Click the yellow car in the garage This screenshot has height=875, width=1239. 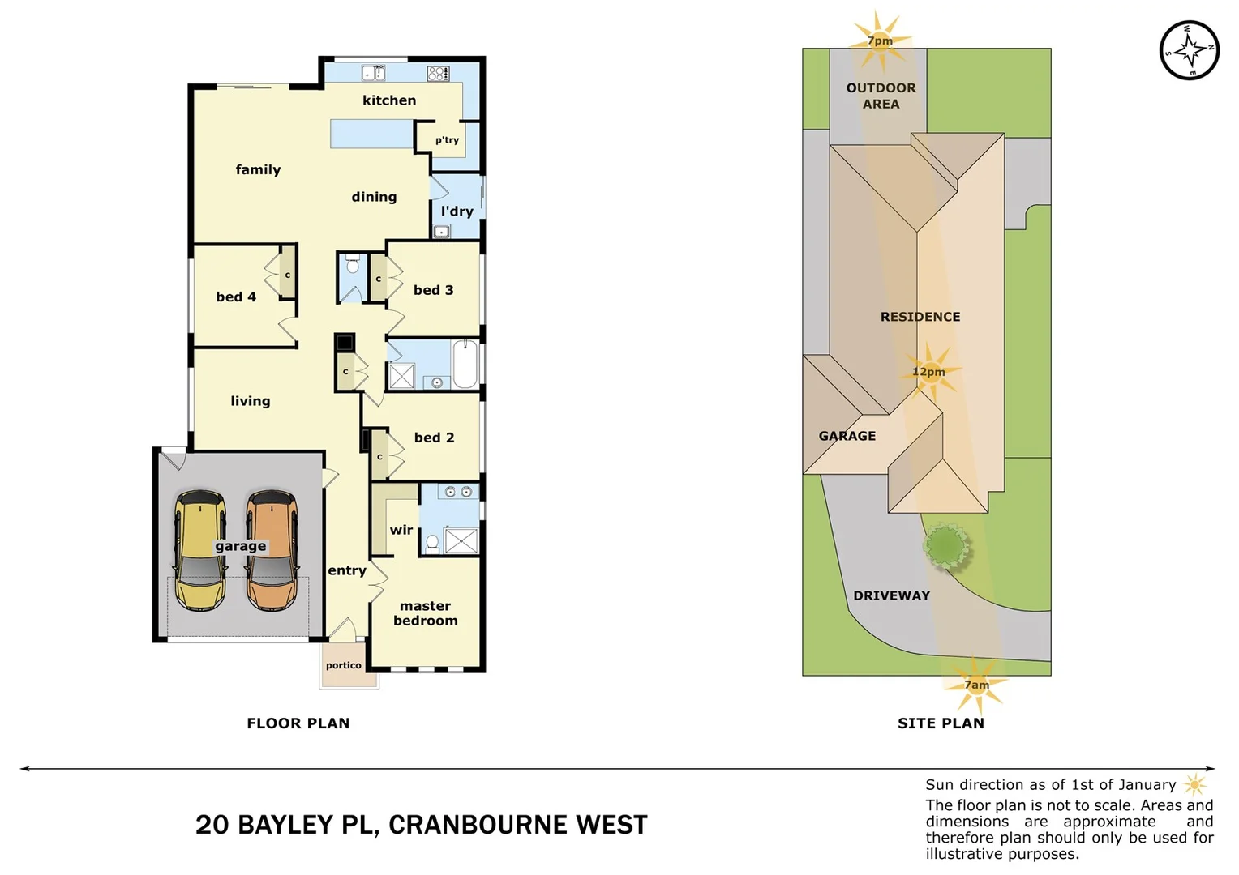199,551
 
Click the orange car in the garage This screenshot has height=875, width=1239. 272,551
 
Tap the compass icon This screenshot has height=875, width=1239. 1189,50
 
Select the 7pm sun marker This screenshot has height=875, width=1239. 880,41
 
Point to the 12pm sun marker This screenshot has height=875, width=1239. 928,372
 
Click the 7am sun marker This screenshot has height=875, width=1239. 976,685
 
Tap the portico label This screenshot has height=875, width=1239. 344,665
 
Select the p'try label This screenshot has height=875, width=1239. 447,140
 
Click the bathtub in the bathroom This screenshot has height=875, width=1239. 465,365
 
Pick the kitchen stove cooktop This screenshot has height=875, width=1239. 438,74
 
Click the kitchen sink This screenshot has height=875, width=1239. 373,74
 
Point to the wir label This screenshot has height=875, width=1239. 401,530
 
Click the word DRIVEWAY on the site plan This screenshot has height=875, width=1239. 891,595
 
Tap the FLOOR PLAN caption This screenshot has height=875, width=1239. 298,723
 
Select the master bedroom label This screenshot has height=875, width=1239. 425,613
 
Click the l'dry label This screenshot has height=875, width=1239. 457,211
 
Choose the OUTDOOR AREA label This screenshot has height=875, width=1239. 881,96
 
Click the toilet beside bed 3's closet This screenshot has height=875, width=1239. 352,265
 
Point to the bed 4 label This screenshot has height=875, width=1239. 236,297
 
